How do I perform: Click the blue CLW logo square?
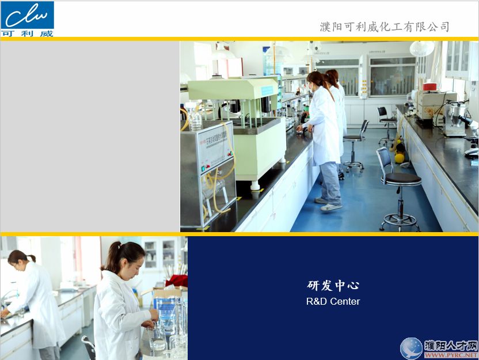[27, 15]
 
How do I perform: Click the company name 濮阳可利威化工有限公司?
[385, 27]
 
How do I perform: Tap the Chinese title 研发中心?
[333, 286]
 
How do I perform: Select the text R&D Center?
[333, 301]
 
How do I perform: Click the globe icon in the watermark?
[412, 348]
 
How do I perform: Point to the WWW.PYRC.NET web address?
[451, 355]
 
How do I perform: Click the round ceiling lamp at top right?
[422, 48]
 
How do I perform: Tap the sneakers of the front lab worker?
[328, 204]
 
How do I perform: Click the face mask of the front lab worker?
[311, 87]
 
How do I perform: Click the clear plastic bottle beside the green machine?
[195, 119]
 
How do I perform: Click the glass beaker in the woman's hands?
[157, 338]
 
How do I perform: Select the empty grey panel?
[90, 137]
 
